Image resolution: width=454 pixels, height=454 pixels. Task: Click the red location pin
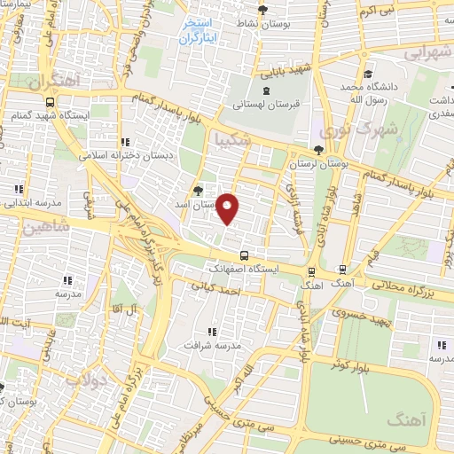pyautogui.click(x=228, y=209)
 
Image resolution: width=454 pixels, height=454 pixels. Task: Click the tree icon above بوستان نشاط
pyautogui.click(x=262, y=11)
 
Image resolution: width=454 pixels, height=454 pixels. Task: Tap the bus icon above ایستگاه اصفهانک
pyautogui.click(x=244, y=256)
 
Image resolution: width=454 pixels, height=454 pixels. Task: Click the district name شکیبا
pyautogui.click(x=233, y=141)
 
